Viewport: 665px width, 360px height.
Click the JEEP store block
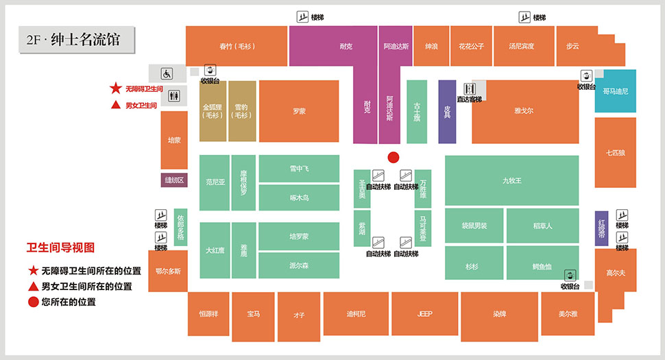click(424, 314)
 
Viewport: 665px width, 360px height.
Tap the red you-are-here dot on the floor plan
click(393, 157)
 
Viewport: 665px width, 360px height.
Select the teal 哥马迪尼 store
click(615, 91)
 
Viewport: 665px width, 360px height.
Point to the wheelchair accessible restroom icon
click(167, 73)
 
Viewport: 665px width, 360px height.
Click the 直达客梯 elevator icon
click(470, 89)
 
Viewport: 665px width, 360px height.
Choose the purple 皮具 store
click(447, 112)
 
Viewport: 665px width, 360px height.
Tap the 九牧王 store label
click(511, 180)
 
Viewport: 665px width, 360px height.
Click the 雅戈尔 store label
click(524, 110)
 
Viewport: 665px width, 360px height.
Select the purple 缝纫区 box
click(174, 180)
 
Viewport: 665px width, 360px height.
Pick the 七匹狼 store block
click(615, 153)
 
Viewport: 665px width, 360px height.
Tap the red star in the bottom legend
click(33, 271)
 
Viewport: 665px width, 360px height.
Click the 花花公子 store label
click(471, 47)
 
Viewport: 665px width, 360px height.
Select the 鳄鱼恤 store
click(542, 267)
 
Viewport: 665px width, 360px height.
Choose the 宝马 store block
click(254, 314)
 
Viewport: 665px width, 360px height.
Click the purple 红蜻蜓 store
click(601, 228)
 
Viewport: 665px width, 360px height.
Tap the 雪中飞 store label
click(299, 169)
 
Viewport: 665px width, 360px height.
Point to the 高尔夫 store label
click(615, 273)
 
